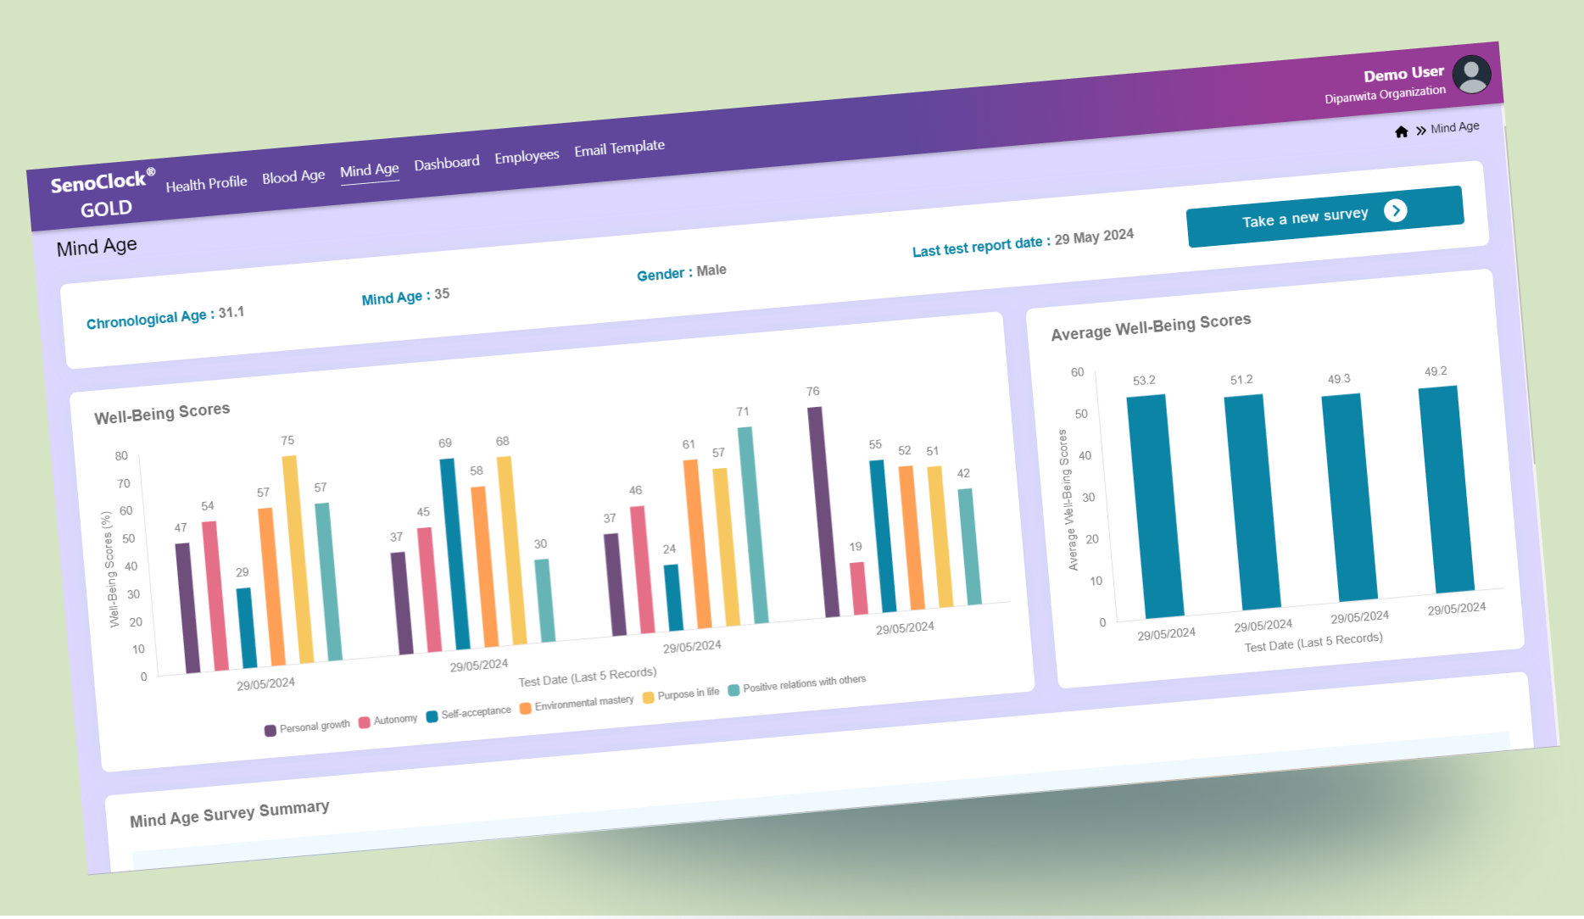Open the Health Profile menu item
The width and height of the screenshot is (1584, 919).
[x=206, y=183]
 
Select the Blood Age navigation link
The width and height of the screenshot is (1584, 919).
[x=293, y=176]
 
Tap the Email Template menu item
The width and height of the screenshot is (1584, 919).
[x=619, y=148]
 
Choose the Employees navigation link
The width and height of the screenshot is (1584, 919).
[x=527, y=157]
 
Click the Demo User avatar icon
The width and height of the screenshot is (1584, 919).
[x=1471, y=75]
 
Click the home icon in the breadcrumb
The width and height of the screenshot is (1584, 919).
[x=1401, y=131]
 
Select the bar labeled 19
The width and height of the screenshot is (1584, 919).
[x=858, y=588]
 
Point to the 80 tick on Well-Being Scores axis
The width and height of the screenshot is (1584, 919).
[x=121, y=456]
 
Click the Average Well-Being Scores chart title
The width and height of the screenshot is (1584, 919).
[x=1151, y=327]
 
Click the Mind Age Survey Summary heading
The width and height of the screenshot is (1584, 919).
[x=229, y=814]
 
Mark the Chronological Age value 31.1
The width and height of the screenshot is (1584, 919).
[x=231, y=313]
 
